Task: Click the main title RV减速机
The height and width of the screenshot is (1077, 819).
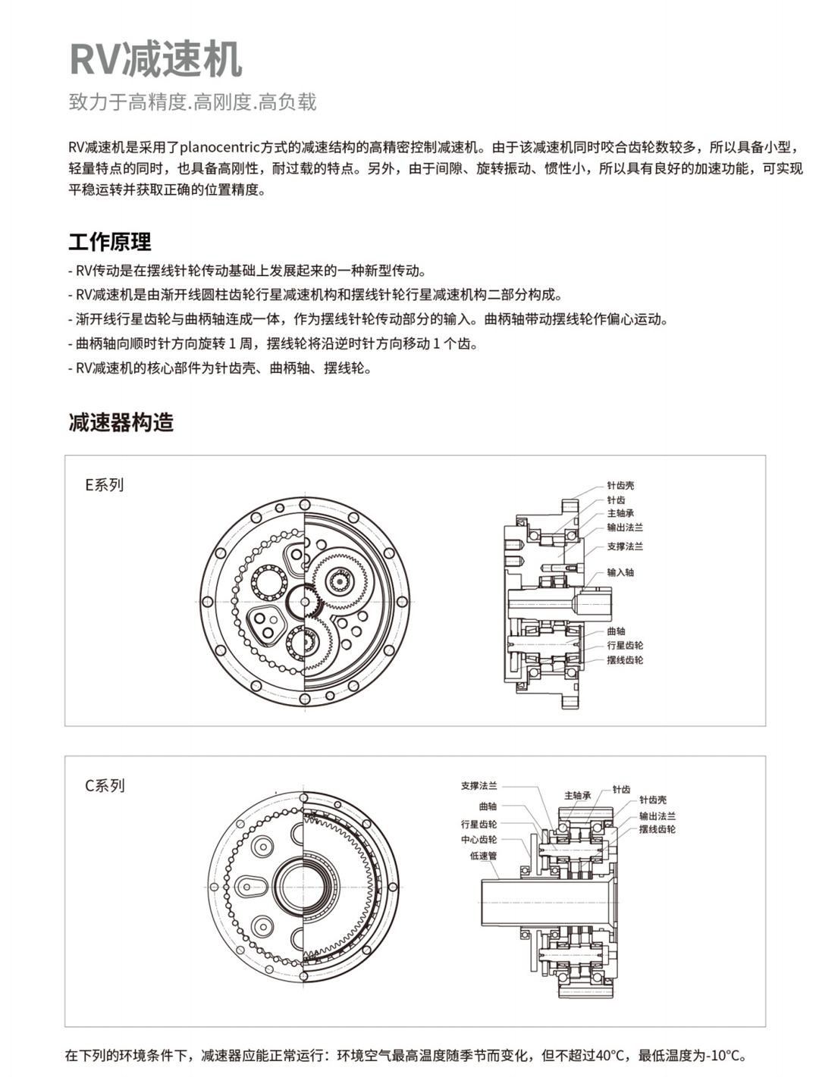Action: tap(155, 60)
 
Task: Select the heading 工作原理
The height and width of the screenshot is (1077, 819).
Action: tap(110, 242)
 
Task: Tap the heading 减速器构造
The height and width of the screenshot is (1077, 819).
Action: tap(121, 422)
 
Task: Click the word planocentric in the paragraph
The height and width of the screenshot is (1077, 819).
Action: tap(228, 146)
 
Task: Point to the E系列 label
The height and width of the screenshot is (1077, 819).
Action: tap(104, 485)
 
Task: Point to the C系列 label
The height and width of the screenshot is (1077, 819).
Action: tap(105, 786)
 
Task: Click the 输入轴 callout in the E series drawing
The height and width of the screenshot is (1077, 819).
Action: tap(620, 573)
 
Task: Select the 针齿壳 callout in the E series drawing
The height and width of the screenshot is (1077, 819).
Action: tap(620, 486)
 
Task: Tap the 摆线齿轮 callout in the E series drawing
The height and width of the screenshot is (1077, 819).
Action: tap(624, 660)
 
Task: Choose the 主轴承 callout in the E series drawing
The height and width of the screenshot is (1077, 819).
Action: tap(620, 514)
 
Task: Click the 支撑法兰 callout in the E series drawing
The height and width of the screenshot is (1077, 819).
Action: tap(624, 546)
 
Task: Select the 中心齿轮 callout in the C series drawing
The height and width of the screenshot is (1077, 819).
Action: tap(479, 840)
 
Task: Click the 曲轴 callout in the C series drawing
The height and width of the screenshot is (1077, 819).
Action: tap(488, 807)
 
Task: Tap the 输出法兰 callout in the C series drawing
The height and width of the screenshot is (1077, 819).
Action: tap(657, 816)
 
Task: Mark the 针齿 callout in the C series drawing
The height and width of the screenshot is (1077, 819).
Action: tap(621, 790)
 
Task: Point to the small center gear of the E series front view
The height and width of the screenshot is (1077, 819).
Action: tap(305, 602)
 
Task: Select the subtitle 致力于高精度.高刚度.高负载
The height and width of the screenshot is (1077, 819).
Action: tap(193, 102)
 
